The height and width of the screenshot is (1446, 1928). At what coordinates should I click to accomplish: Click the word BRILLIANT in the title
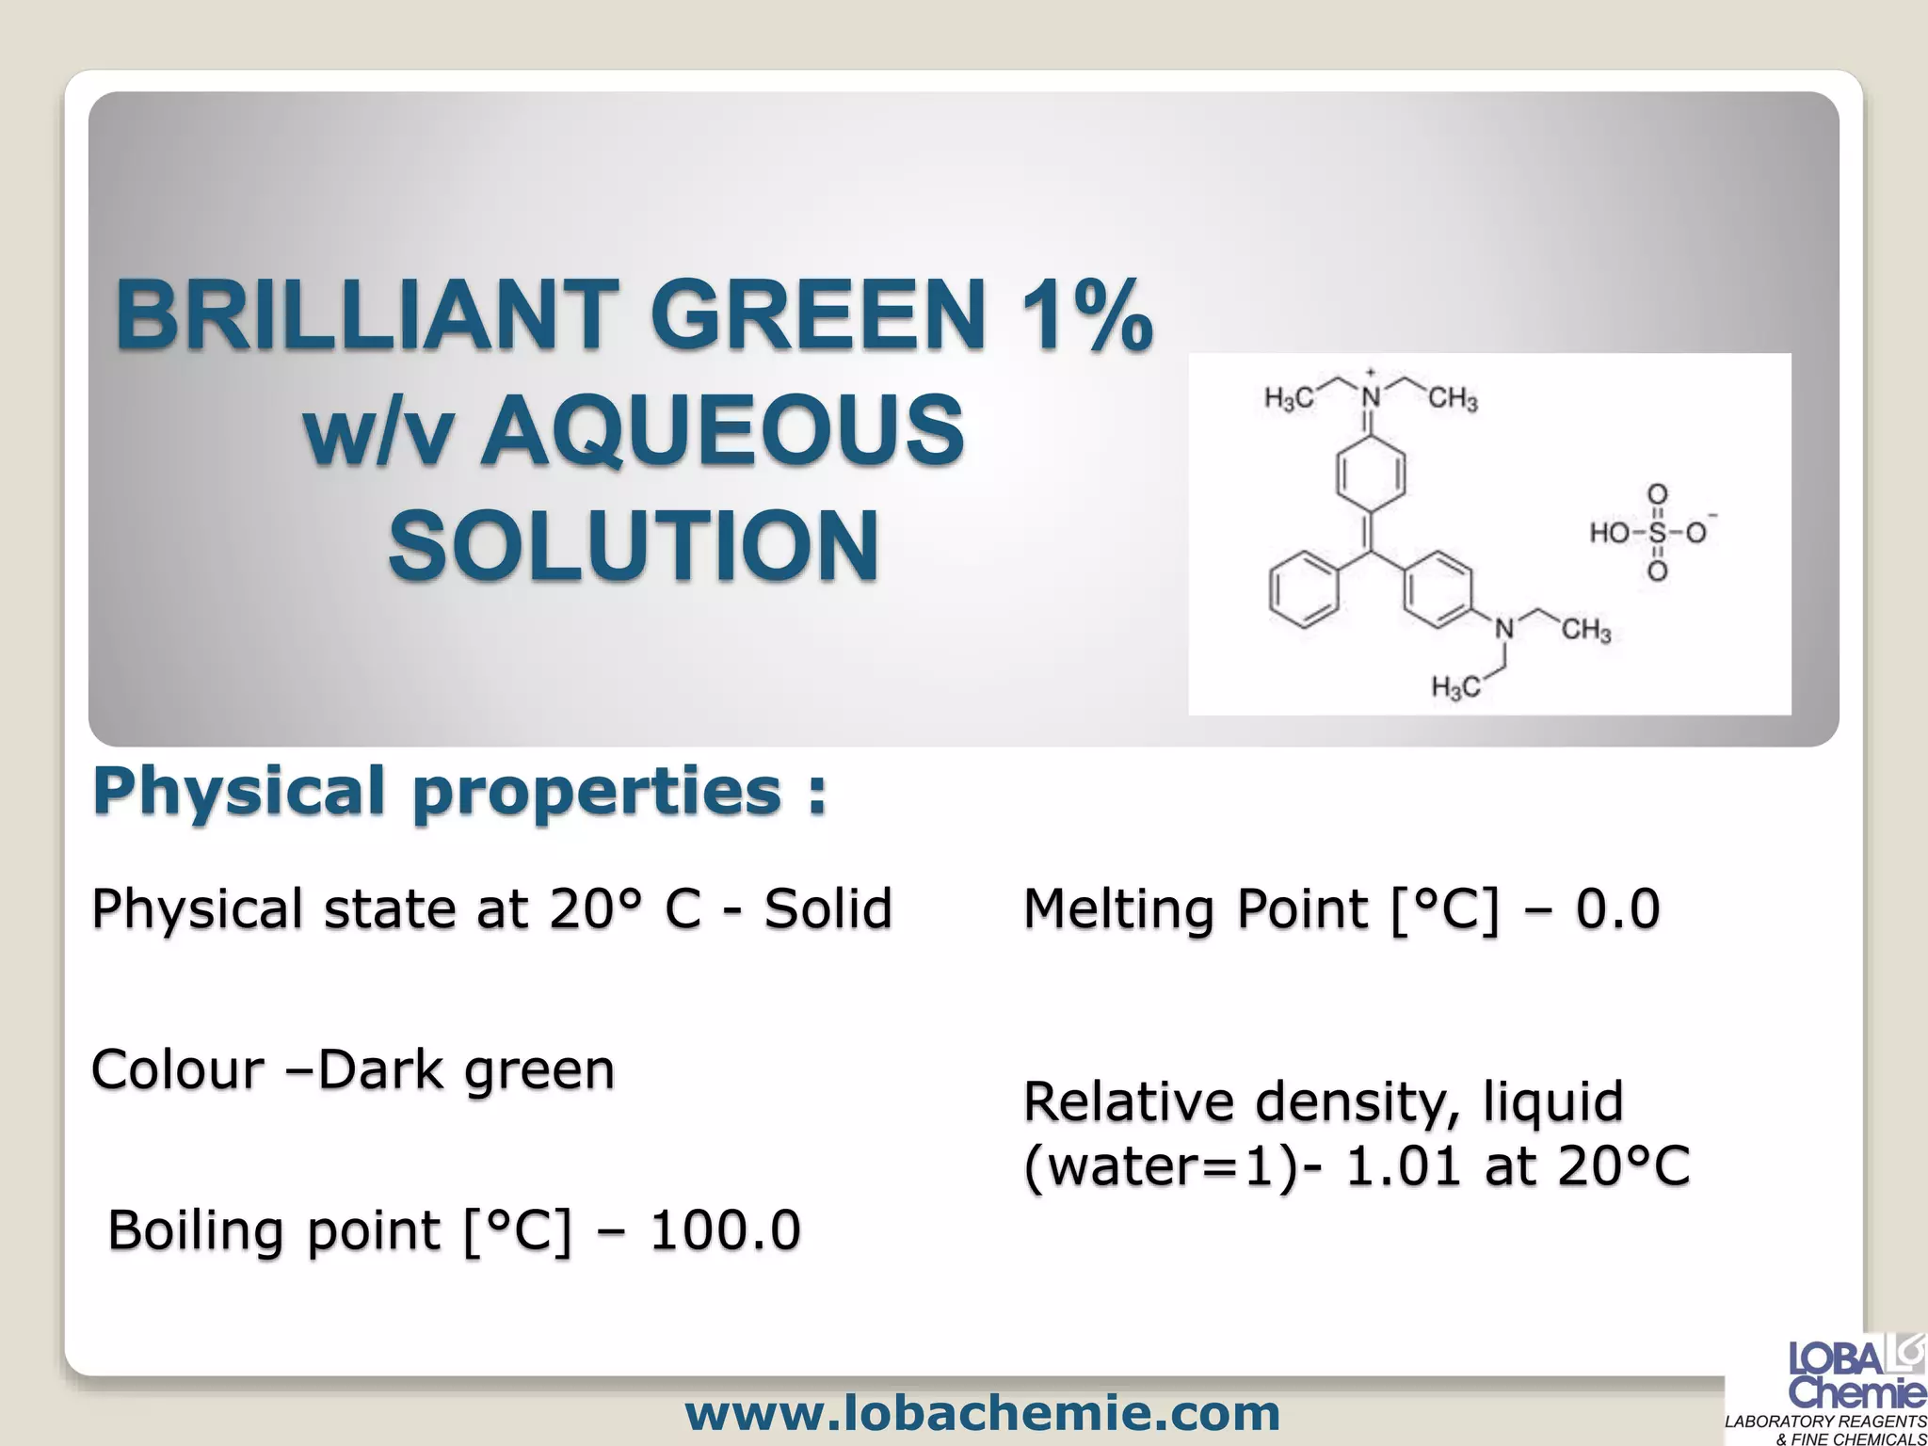[363, 314]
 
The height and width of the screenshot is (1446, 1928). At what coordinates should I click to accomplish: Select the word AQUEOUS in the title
[722, 431]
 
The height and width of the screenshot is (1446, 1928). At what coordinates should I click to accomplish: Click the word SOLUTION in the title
[634, 547]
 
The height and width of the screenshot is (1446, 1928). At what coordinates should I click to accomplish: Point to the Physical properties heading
[459, 791]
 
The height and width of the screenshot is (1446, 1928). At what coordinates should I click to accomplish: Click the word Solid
[827, 909]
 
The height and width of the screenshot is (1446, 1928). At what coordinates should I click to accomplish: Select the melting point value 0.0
[1618, 909]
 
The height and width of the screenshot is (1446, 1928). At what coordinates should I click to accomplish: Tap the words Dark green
[466, 1070]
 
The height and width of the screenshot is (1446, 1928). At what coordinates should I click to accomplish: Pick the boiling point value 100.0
[725, 1230]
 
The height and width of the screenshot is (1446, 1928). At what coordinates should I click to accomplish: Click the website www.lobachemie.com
[983, 1412]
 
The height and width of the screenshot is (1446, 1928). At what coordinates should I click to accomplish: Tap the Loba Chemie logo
[1856, 1374]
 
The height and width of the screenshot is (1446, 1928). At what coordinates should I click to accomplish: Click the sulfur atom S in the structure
[1657, 533]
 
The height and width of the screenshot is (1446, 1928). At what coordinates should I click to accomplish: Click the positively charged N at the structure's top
[1371, 398]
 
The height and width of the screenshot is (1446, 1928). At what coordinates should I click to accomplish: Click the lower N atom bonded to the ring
[1504, 629]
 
